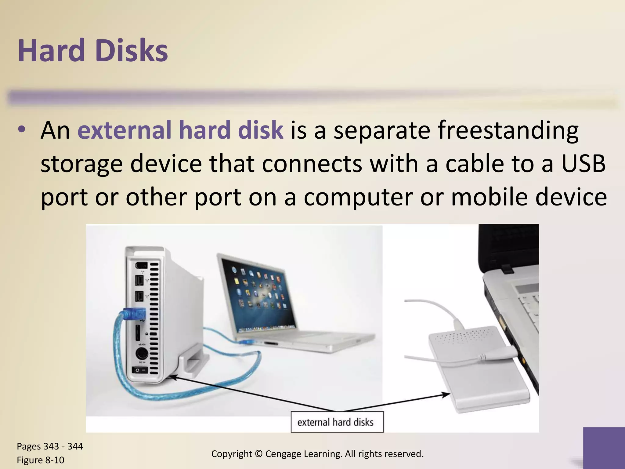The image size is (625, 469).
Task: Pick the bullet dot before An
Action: (21, 129)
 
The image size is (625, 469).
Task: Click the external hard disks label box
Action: (337, 422)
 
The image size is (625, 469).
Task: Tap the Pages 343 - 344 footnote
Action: (50, 446)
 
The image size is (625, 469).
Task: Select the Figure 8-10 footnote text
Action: (40, 460)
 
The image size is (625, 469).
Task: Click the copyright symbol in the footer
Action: (258, 454)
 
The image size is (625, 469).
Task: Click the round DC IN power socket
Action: (142, 354)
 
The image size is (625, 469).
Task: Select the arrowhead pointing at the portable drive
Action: (446, 395)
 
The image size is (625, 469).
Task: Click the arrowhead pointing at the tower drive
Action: (172, 377)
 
